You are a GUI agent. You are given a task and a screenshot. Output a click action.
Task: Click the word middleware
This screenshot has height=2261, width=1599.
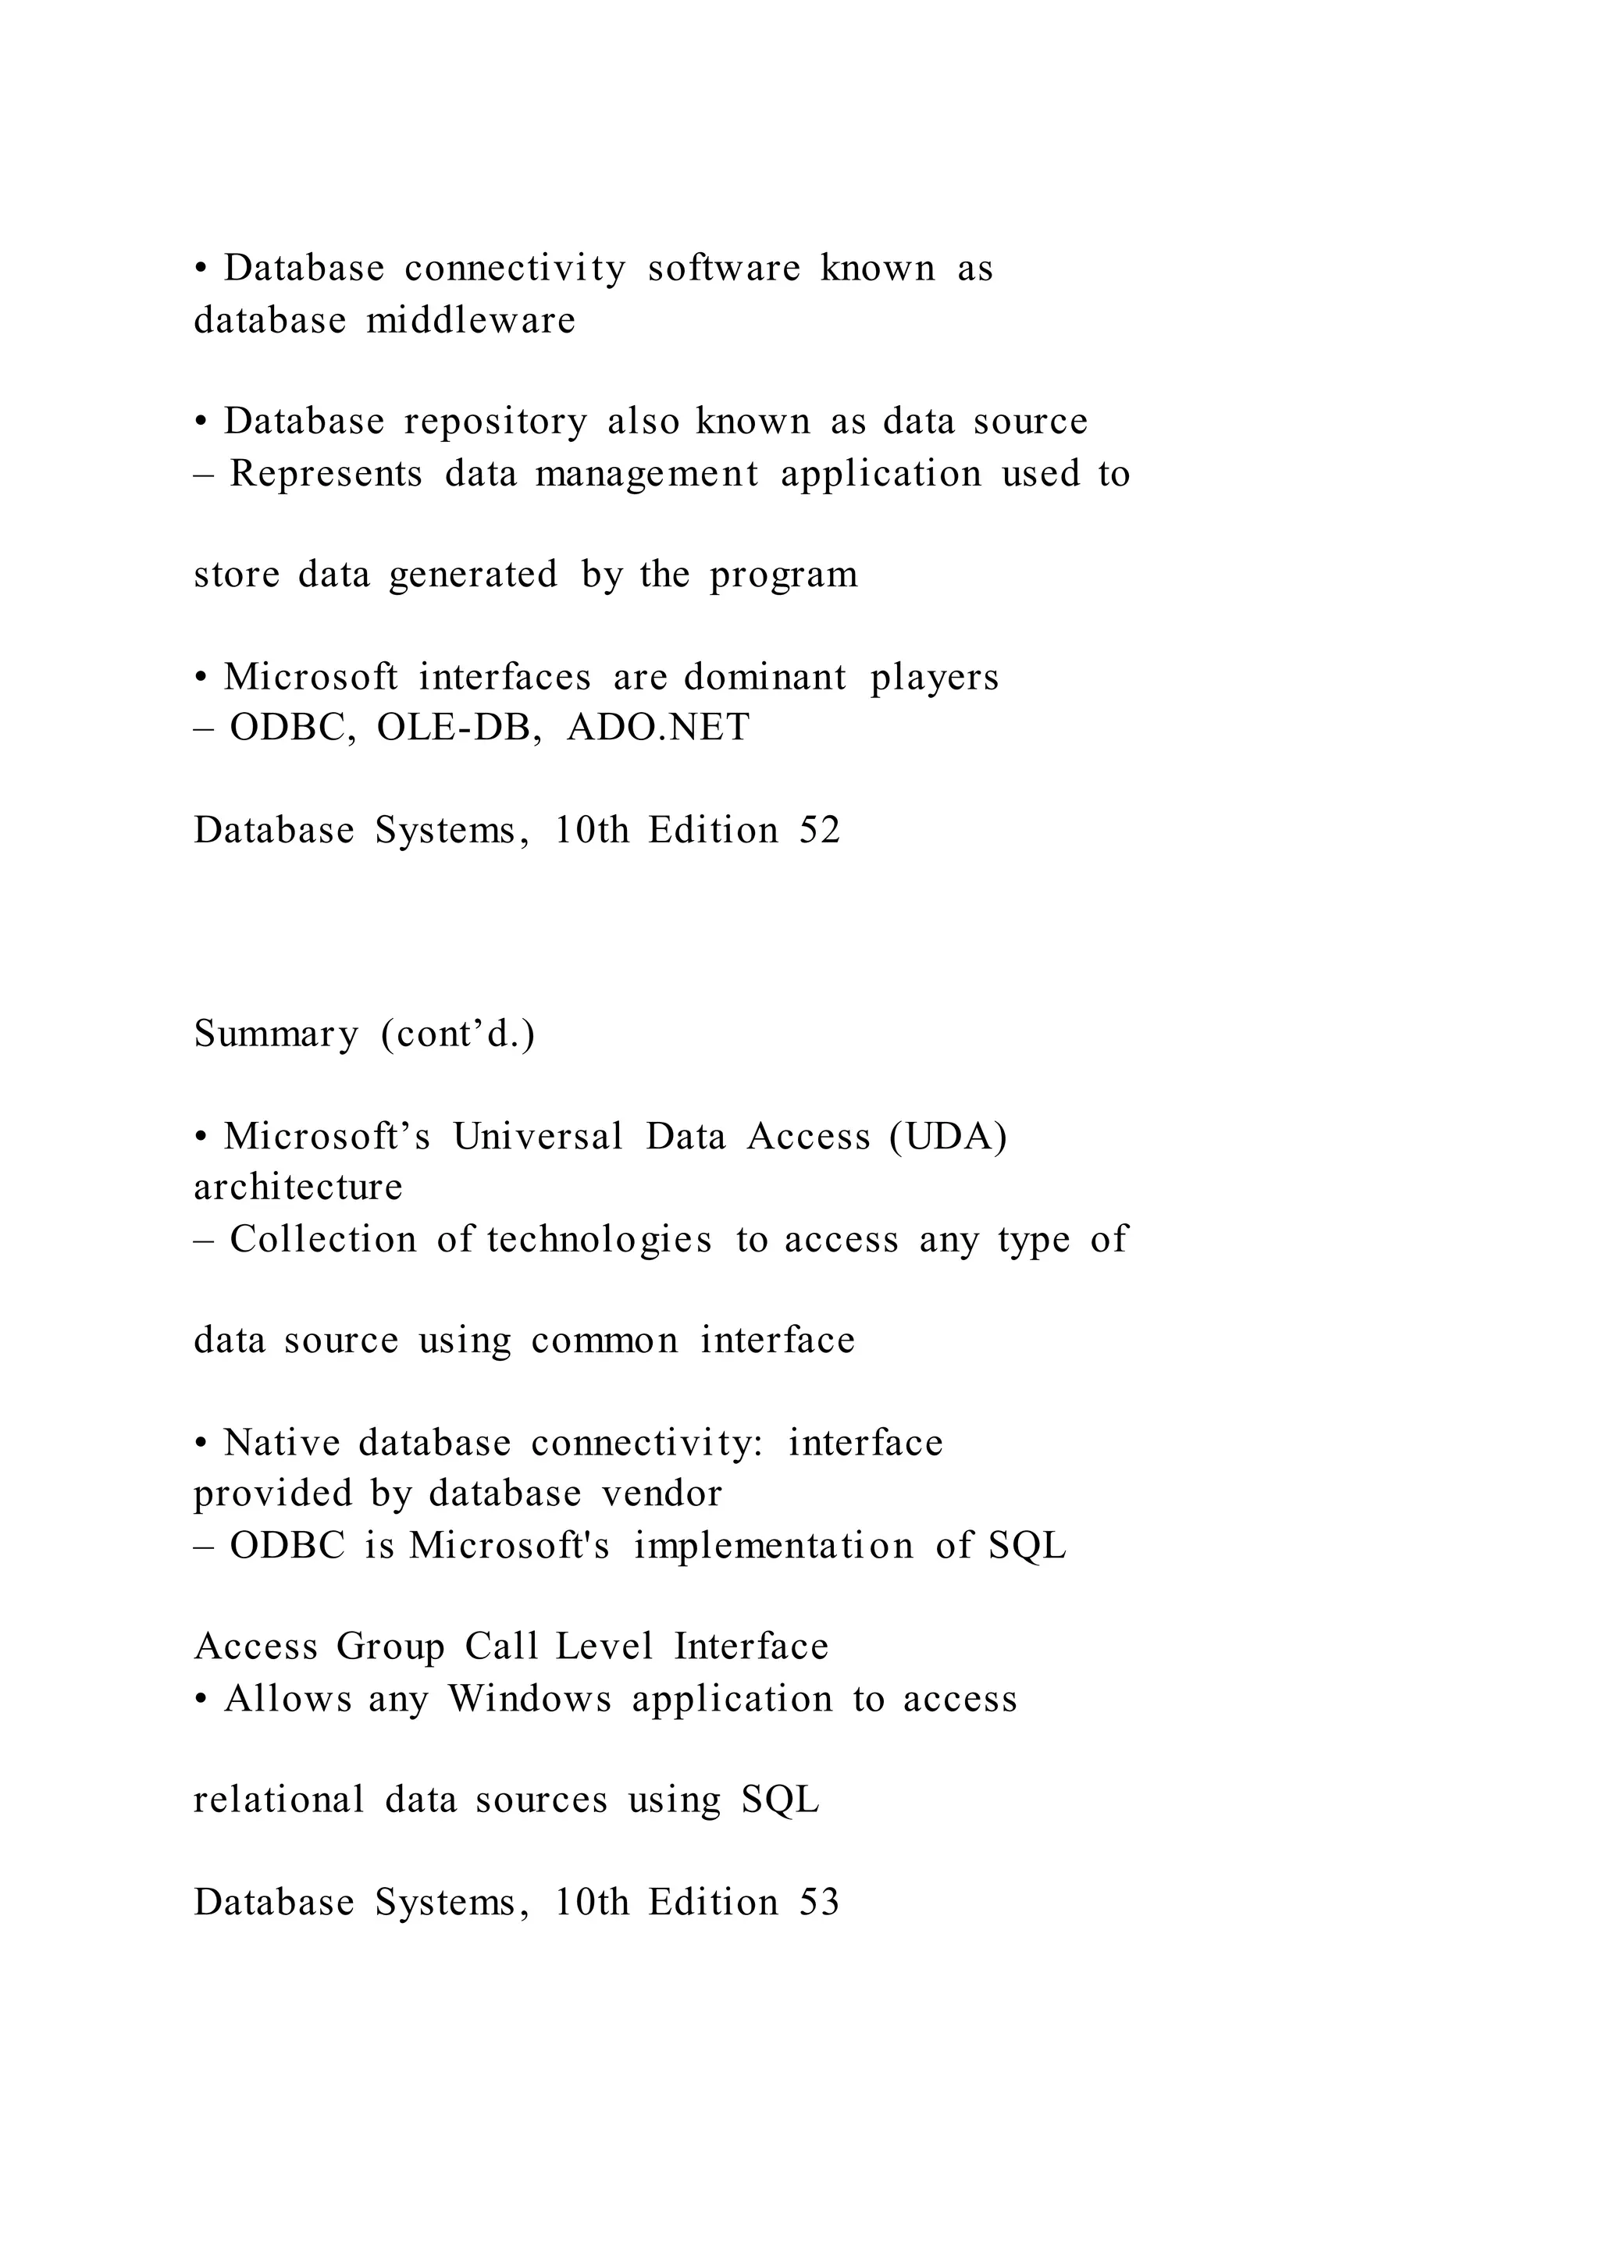(471, 320)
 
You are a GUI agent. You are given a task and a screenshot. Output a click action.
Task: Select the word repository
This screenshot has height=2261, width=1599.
(495, 422)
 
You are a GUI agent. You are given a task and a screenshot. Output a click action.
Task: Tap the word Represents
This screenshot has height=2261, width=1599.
(326, 474)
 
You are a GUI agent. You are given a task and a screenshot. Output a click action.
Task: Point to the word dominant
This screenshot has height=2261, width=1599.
(765, 677)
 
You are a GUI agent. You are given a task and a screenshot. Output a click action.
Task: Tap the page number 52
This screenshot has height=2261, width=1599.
(819, 830)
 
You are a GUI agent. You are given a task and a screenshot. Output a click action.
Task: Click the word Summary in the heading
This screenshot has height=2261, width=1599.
(276, 1034)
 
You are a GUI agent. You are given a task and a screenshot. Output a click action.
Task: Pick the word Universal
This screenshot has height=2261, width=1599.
(538, 1137)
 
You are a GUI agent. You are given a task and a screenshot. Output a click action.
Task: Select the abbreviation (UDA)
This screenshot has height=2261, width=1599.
(947, 1137)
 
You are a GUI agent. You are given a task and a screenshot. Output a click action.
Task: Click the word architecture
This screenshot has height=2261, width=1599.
(298, 1187)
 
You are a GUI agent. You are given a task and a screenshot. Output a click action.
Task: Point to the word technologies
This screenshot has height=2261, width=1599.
(599, 1239)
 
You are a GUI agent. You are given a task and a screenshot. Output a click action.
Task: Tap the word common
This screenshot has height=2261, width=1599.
(604, 1341)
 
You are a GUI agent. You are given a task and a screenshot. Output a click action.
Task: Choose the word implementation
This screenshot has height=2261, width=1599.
(773, 1545)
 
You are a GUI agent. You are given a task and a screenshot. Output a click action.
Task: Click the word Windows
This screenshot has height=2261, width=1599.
(529, 1699)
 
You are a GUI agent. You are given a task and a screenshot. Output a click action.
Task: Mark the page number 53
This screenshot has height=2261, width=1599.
(819, 1902)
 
